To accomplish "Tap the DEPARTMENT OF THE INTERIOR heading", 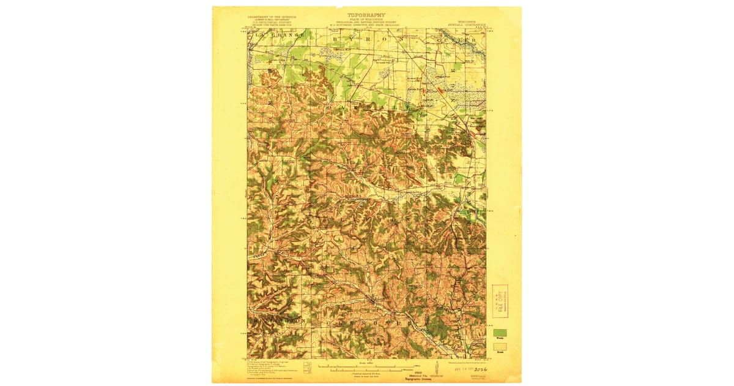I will (x=272, y=17).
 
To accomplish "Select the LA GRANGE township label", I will (x=275, y=38).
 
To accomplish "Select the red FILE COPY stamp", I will (x=500, y=301).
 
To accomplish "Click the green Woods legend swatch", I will (x=499, y=331).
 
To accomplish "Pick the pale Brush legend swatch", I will (x=499, y=346).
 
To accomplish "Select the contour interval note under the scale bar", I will (x=366, y=373).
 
